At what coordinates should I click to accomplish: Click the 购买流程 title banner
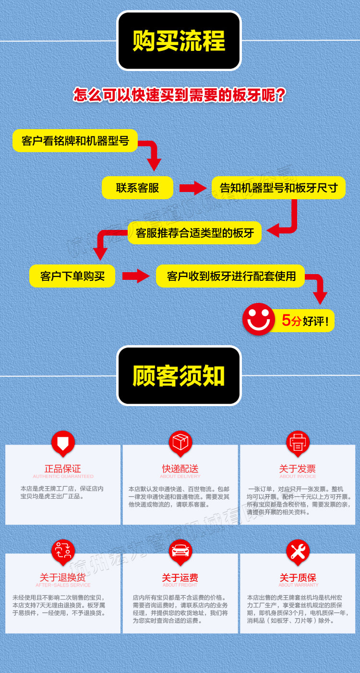(x=179, y=41)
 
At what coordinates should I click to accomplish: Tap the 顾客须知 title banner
(x=179, y=375)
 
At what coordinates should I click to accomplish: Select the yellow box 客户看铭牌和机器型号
(x=75, y=141)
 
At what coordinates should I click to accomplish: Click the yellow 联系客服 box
(x=137, y=187)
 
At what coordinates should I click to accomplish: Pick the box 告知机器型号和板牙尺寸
(x=278, y=187)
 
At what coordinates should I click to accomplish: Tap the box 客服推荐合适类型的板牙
(x=194, y=233)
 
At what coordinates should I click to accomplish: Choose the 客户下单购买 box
(x=72, y=276)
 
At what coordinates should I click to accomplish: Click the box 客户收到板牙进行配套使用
(x=230, y=276)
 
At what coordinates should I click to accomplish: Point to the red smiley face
(x=258, y=319)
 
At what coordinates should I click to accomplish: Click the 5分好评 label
(x=305, y=320)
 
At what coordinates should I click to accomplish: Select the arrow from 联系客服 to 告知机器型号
(x=192, y=188)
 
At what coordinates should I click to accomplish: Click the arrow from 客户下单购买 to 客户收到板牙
(x=136, y=276)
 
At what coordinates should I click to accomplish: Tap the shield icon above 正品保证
(x=63, y=442)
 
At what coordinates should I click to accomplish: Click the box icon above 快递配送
(x=180, y=442)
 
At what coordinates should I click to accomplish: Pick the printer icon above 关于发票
(x=298, y=442)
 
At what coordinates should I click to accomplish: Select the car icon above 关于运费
(x=180, y=551)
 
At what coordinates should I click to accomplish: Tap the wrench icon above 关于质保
(x=298, y=551)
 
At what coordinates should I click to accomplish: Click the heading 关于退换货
(x=63, y=577)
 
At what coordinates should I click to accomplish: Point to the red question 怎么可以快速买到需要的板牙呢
(x=180, y=95)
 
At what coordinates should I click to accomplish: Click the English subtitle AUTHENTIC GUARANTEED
(x=63, y=477)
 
